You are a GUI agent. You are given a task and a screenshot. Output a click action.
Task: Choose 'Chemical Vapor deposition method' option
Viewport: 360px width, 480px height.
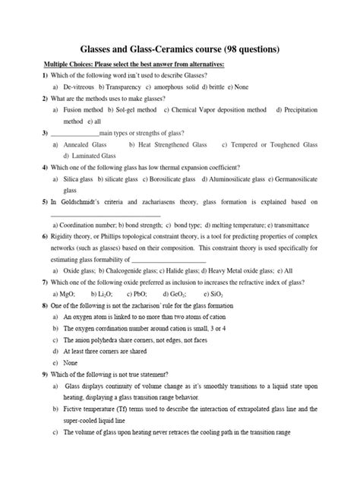(x=215, y=110)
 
